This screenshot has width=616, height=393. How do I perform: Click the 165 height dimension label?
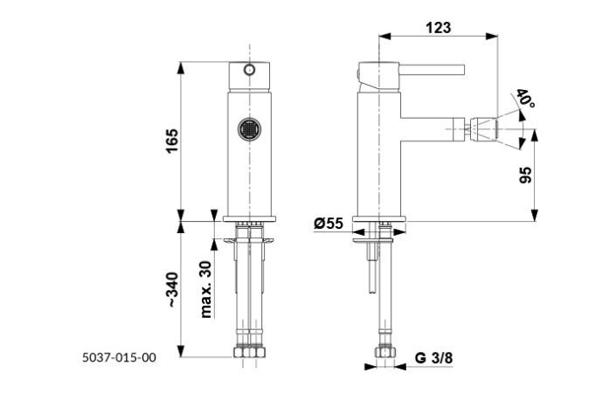click(171, 140)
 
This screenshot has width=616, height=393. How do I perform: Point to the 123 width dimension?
click(438, 27)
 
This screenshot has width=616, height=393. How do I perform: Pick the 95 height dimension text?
click(525, 175)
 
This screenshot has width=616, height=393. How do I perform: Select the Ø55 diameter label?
click(329, 224)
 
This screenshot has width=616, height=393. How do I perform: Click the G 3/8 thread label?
click(433, 357)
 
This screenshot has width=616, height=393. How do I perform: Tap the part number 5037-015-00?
click(119, 356)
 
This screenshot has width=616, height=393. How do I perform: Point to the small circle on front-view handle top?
click(250, 70)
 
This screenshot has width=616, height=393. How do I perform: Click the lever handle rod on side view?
click(428, 71)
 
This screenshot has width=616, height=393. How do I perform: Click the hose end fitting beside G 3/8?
click(382, 355)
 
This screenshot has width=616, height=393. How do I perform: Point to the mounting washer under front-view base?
click(250, 238)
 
